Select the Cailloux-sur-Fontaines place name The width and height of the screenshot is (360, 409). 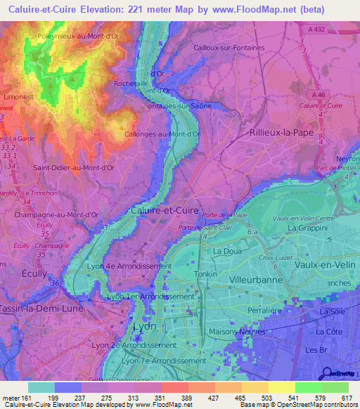point(229,48)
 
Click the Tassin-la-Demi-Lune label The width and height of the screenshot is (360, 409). point(41,308)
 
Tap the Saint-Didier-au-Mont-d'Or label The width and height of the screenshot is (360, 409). point(74,168)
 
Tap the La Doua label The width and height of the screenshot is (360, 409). point(227,251)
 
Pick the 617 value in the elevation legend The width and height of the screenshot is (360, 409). point(346,397)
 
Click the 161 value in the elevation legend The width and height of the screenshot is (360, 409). point(27,397)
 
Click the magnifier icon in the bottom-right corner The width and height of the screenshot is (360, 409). point(325,372)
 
